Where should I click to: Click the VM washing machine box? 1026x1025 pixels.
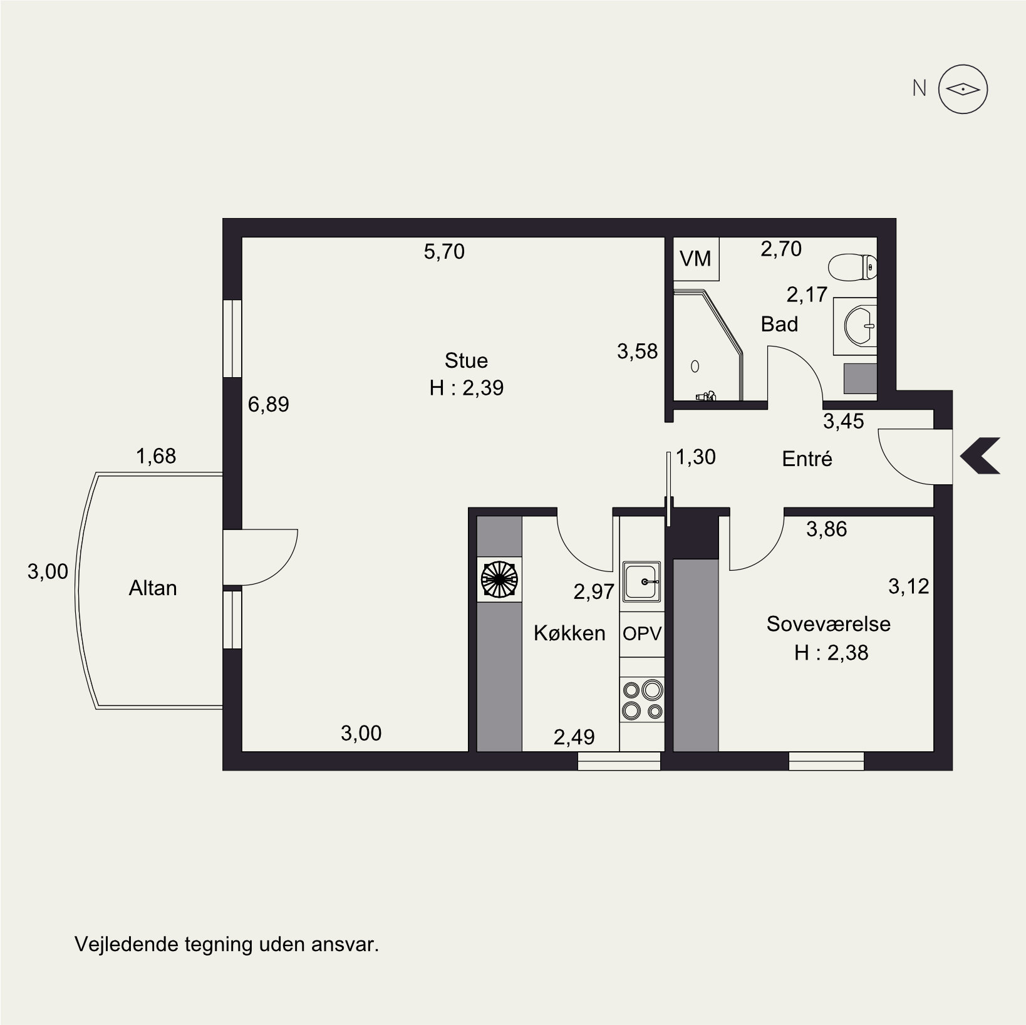pyautogui.click(x=696, y=259)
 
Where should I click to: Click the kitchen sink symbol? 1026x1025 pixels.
pyautogui.click(x=641, y=582)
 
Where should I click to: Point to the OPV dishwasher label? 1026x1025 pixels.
pyautogui.click(x=642, y=633)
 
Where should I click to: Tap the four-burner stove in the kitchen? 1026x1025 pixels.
pyautogui.click(x=642, y=699)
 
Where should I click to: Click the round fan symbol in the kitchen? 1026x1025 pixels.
pyautogui.click(x=499, y=580)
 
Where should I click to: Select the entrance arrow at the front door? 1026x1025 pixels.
pyautogui.click(x=979, y=455)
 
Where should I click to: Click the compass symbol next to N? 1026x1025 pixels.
pyautogui.click(x=963, y=90)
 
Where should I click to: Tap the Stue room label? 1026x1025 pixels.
pyautogui.click(x=466, y=360)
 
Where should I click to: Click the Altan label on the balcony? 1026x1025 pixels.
pyautogui.click(x=153, y=588)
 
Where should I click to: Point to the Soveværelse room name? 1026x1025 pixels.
pyautogui.click(x=829, y=624)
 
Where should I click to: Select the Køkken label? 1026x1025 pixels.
pyautogui.click(x=569, y=633)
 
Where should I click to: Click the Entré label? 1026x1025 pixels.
pyautogui.click(x=807, y=459)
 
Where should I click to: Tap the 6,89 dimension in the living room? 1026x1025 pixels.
pyautogui.click(x=269, y=405)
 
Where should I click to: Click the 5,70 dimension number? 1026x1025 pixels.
pyautogui.click(x=444, y=252)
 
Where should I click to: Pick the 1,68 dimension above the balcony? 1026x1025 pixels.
pyautogui.click(x=156, y=456)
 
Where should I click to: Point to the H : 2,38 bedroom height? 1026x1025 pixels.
pyautogui.click(x=831, y=653)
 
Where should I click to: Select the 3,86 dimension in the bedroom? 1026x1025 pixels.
pyautogui.click(x=826, y=530)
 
